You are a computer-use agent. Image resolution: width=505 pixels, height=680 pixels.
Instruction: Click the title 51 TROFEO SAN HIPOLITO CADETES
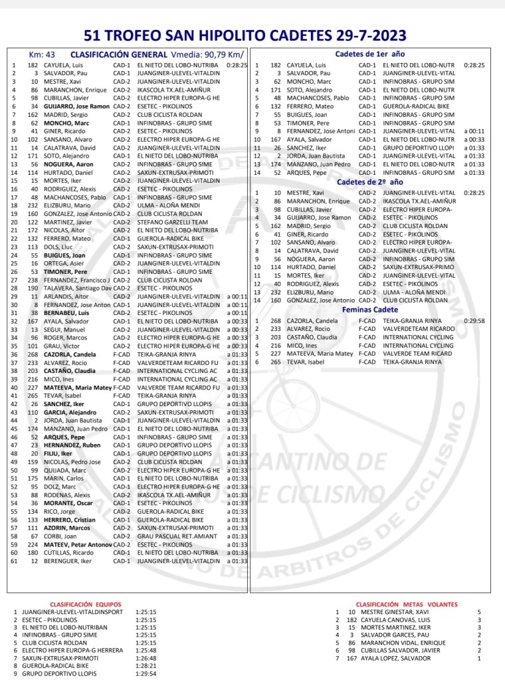(252, 35)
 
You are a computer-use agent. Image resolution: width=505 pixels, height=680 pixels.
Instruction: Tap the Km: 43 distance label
(41, 55)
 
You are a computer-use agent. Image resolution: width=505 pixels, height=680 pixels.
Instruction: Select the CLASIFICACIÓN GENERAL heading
(119, 54)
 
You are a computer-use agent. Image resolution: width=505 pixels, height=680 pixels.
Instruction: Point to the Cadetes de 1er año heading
(370, 54)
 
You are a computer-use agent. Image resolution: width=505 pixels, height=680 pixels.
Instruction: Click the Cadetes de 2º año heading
(370, 181)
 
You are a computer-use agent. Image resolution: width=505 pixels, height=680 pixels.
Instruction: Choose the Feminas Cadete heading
(370, 309)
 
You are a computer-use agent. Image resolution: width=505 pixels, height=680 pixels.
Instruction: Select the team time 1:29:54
(145, 673)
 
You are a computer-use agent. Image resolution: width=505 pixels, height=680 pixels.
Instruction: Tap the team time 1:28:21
(145, 665)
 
